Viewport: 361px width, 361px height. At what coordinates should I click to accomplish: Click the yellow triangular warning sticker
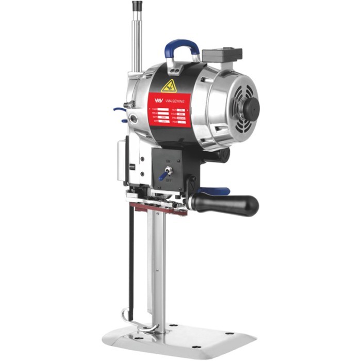point(169,86)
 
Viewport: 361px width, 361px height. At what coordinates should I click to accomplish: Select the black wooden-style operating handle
point(227,203)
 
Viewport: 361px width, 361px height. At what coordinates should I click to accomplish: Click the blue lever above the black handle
point(217,191)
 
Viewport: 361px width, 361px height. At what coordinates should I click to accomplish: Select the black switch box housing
point(168,168)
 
